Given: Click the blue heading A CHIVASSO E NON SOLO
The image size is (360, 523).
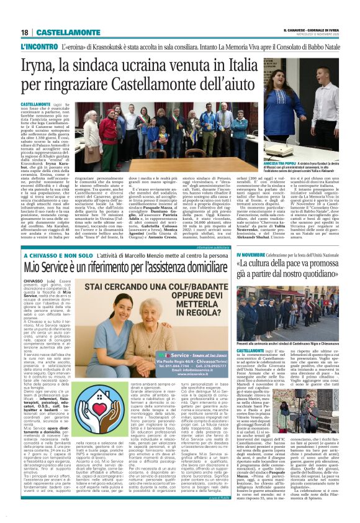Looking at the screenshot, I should click(x=52, y=256).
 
